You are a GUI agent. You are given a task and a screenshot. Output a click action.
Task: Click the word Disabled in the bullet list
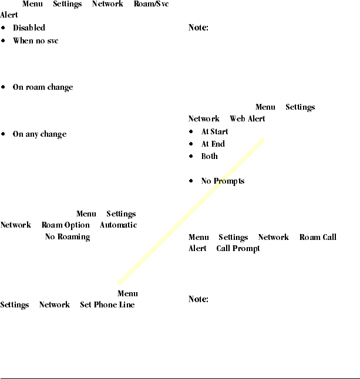point(29,28)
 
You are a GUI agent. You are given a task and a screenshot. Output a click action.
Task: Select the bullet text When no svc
point(35,41)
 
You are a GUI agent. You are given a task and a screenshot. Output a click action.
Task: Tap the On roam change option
point(43,87)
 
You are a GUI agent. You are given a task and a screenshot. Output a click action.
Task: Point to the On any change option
point(39,134)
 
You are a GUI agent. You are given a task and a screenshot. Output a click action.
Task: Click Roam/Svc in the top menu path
point(151,4)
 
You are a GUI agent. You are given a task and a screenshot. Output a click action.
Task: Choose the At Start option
point(214,132)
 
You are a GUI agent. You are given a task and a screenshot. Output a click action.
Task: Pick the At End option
point(213,144)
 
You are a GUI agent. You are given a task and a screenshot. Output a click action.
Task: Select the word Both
point(209,157)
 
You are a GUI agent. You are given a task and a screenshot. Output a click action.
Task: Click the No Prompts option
point(223,181)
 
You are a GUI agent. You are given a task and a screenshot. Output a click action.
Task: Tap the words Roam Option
point(65,225)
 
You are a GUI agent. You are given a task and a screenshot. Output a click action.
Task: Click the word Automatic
point(118,225)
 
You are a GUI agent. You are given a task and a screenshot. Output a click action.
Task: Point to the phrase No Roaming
point(67,237)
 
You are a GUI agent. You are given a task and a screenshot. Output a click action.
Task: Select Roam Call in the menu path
point(318,238)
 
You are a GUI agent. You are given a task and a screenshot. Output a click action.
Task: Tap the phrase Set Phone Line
point(107,305)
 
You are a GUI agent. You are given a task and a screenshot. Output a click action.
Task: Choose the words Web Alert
point(247,119)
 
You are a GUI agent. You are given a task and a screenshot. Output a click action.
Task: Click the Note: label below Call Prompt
point(198,299)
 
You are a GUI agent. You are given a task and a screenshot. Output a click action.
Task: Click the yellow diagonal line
point(191,211)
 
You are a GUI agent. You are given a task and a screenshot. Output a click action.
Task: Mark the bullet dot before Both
point(191,157)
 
